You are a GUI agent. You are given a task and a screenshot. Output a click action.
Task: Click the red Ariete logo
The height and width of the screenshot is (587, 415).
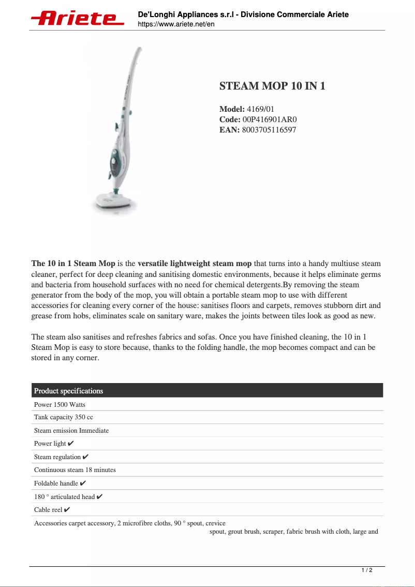click(x=78, y=18)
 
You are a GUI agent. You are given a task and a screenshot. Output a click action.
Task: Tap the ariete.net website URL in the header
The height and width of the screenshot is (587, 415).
click(x=176, y=24)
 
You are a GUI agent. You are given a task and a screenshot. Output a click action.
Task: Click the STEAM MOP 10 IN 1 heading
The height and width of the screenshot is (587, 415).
click(x=272, y=86)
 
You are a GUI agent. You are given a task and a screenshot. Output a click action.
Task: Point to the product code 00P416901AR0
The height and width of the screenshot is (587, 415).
click(x=270, y=120)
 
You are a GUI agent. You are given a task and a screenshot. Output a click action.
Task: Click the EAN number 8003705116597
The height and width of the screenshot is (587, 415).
click(x=269, y=130)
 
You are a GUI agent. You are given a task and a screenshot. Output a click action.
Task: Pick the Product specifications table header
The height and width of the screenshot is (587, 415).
click(x=68, y=391)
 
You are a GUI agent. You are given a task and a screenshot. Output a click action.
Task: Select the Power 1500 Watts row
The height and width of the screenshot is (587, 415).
click(x=60, y=404)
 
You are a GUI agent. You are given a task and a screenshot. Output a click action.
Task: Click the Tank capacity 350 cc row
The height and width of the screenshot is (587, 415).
click(x=64, y=417)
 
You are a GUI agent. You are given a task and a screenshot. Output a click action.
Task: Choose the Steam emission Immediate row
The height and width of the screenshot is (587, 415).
click(x=71, y=431)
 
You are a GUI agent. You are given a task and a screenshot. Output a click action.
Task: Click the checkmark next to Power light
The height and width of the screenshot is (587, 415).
click(x=71, y=444)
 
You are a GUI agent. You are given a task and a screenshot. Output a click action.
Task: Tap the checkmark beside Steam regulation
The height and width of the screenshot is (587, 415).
click(x=85, y=457)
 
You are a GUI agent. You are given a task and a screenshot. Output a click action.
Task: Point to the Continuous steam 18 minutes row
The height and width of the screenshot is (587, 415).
click(x=75, y=470)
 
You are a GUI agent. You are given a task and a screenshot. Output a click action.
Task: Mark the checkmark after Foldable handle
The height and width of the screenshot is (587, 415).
click(x=83, y=483)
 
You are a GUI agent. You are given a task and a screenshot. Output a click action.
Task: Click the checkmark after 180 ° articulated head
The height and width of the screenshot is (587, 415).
click(x=100, y=497)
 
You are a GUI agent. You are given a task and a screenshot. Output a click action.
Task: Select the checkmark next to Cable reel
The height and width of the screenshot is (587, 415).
click(x=67, y=510)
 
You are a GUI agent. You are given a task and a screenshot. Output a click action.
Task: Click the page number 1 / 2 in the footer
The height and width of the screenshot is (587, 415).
click(x=366, y=570)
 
